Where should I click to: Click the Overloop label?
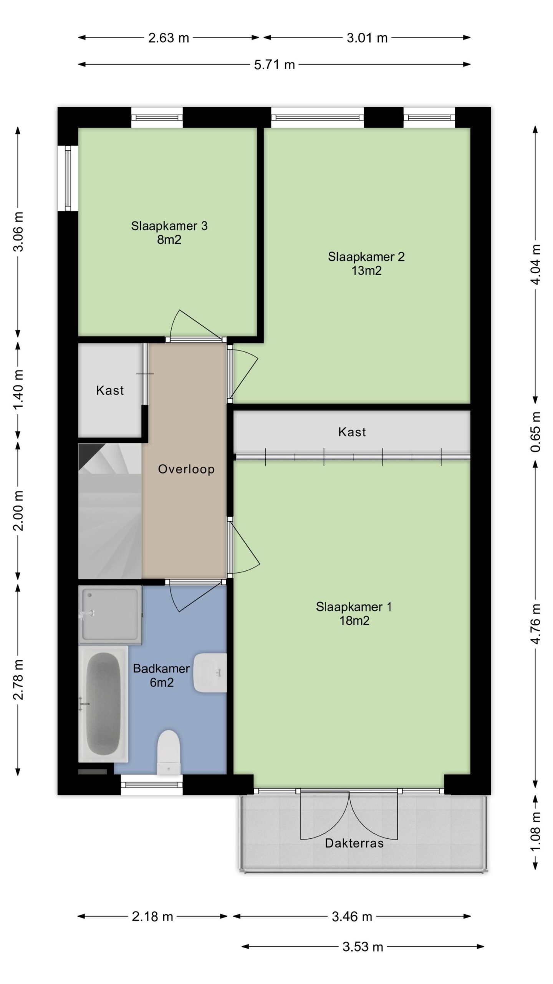pos(186,469)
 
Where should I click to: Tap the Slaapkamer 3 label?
pos(169,226)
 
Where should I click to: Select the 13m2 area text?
pos(366,271)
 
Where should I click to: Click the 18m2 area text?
pos(354,620)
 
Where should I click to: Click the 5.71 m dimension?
pos(274,65)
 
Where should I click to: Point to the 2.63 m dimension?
pos(169,38)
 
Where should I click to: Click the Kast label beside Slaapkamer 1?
pos(352,432)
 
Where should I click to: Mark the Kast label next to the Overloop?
pos(110,391)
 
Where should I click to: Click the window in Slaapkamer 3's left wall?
pos(68,178)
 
